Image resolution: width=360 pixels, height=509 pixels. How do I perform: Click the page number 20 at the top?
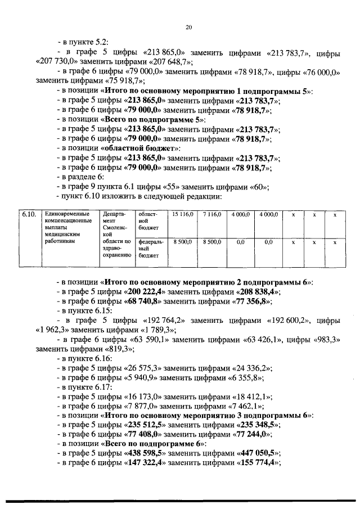coord(188,26)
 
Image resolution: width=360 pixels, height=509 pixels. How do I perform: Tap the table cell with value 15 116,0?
coord(182,214)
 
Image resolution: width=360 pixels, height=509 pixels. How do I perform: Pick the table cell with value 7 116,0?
coord(211,214)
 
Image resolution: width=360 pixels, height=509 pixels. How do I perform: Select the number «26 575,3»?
coord(141,368)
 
